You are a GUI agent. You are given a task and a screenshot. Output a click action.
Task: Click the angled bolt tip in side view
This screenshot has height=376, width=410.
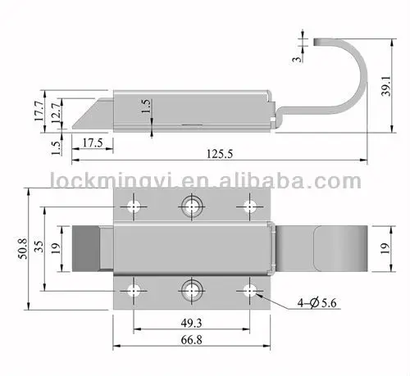coord(87,112)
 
